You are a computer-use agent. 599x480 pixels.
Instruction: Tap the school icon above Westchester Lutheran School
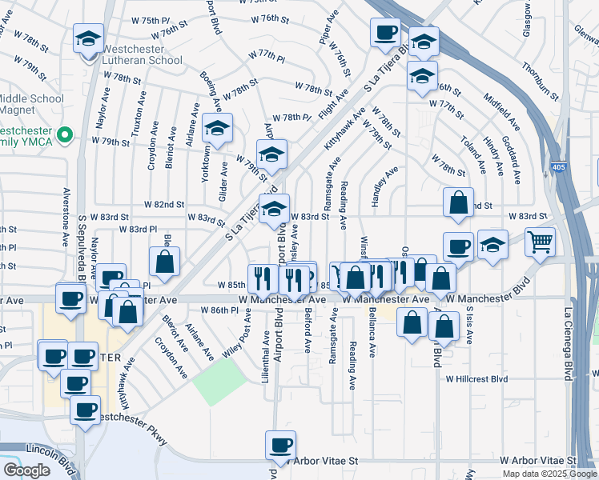pos(88,38)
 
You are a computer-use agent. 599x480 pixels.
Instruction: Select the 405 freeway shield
pos(557,167)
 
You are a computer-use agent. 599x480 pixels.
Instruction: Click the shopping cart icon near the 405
pos(541,240)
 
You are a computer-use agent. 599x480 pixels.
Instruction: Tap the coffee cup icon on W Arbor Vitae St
pos(280,445)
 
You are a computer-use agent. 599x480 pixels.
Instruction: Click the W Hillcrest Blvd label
pos(477,378)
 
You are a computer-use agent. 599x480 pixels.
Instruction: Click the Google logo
pos(26,470)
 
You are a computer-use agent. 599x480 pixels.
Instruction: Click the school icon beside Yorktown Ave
pos(217,128)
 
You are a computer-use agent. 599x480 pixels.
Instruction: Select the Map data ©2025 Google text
pos(549,474)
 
